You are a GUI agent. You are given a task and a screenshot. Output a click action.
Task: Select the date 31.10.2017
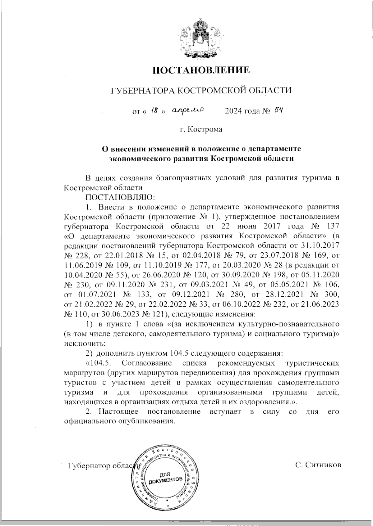tap(320, 245)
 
